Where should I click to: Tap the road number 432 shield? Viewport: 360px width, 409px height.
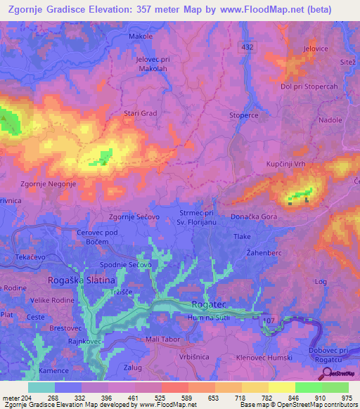click(x=247, y=46)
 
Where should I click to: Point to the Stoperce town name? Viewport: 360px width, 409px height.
click(x=244, y=115)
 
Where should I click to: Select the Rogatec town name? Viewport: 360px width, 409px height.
click(x=209, y=305)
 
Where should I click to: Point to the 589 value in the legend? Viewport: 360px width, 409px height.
click(x=174, y=398)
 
